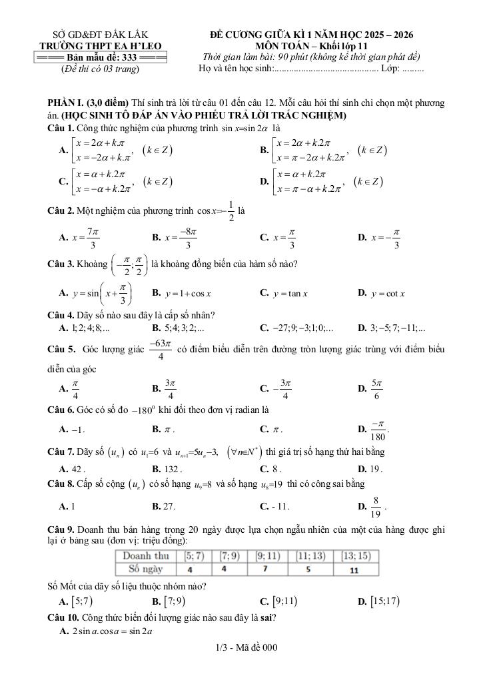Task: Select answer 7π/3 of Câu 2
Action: pos(86,236)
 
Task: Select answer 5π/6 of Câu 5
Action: pos(376,388)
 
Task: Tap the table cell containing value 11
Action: pos(354,570)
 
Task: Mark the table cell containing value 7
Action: pos(264,570)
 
